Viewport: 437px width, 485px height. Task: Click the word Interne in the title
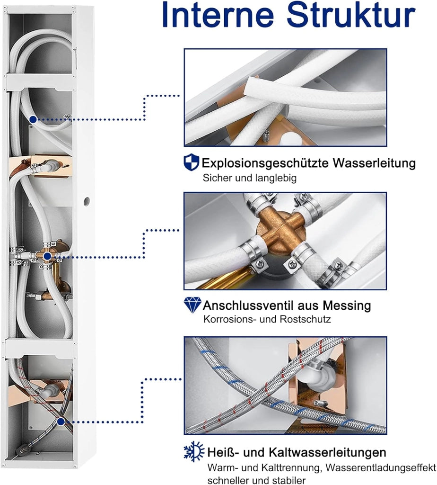click(x=218, y=14)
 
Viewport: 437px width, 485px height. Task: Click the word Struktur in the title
click(x=351, y=14)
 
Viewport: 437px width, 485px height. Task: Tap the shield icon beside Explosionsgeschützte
click(x=191, y=162)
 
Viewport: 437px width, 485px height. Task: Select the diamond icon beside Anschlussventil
click(x=192, y=305)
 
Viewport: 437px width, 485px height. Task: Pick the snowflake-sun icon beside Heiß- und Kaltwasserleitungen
click(x=193, y=451)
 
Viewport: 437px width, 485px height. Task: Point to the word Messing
click(x=347, y=305)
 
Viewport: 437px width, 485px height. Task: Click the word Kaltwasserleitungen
click(x=327, y=452)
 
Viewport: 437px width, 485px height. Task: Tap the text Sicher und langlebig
click(x=250, y=178)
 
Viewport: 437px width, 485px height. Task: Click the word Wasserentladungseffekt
click(x=381, y=467)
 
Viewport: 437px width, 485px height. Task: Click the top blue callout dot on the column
click(x=33, y=119)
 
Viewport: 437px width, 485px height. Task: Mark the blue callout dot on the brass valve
click(x=47, y=256)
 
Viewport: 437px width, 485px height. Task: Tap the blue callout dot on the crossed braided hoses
click(x=61, y=421)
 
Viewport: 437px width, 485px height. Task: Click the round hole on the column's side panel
click(x=87, y=200)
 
